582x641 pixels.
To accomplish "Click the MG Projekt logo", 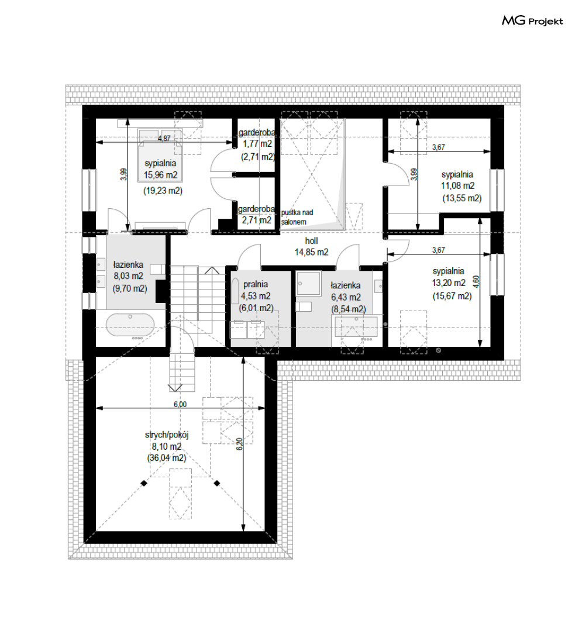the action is coord(532,20).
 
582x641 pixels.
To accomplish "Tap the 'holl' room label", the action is coord(311,241).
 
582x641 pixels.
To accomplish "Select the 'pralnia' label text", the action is coord(256,284).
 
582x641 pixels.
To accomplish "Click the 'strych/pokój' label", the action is coord(167,435).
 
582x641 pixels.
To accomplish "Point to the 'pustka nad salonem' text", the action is coord(297,217).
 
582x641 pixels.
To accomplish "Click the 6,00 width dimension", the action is coord(180,404).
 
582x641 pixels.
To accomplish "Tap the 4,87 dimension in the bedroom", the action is coord(164,138).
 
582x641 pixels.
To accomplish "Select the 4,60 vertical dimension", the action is coord(476,282).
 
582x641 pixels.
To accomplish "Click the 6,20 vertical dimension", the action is coord(239,444).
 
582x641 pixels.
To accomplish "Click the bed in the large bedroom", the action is coord(160,156).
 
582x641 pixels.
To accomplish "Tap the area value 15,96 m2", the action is coord(161,175).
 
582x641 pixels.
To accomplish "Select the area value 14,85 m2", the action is coord(311,252).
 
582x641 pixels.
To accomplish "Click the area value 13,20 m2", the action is coord(449,283).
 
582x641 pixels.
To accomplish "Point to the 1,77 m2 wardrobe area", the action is coord(257,144).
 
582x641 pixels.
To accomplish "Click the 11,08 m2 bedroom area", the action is coord(458,185).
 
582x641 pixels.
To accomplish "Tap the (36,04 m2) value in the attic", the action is coord(167,458).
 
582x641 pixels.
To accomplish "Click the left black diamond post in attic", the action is coord(144,483).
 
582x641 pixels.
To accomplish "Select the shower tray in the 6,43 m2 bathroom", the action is coord(309,283).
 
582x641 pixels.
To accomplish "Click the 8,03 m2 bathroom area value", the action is coord(128,276).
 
